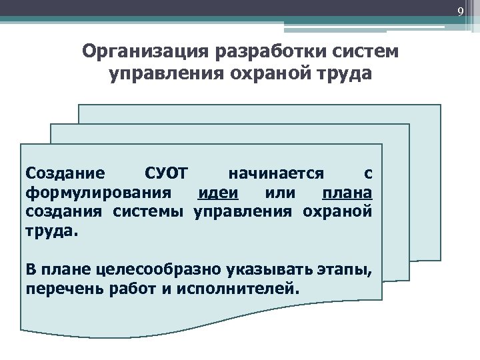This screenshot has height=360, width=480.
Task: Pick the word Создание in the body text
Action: pos(65,174)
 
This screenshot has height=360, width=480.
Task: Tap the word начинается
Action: pos(276,174)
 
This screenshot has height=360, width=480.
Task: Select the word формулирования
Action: pos(93,193)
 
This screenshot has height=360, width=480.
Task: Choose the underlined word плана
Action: pos(347,193)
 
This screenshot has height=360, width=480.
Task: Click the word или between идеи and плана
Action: pos(279,193)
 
